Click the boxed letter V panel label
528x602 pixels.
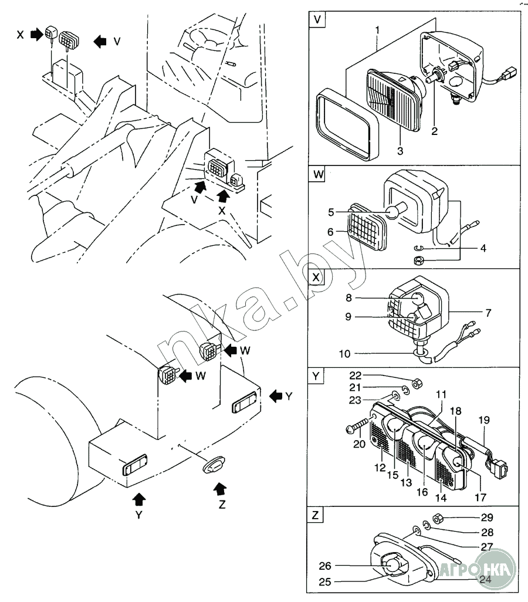point(317,19)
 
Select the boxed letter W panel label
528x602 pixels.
point(318,174)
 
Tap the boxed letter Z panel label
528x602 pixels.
point(315,515)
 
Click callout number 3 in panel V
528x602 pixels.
point(400,151)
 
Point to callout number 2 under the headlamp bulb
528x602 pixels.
point(434,131)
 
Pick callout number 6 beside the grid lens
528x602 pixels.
point(330,232)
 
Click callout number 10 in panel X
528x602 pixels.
point(344,354)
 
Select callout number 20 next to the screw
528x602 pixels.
point(359,444)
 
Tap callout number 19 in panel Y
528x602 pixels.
point(484,420)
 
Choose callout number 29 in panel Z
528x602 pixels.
point(487,518)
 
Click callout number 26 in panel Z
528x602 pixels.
point(325,566)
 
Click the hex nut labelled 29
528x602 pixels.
point(438,519)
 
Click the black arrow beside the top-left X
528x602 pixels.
point(37,35)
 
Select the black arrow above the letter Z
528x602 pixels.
point(219,489)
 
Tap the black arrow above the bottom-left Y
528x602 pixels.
point(138,500)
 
